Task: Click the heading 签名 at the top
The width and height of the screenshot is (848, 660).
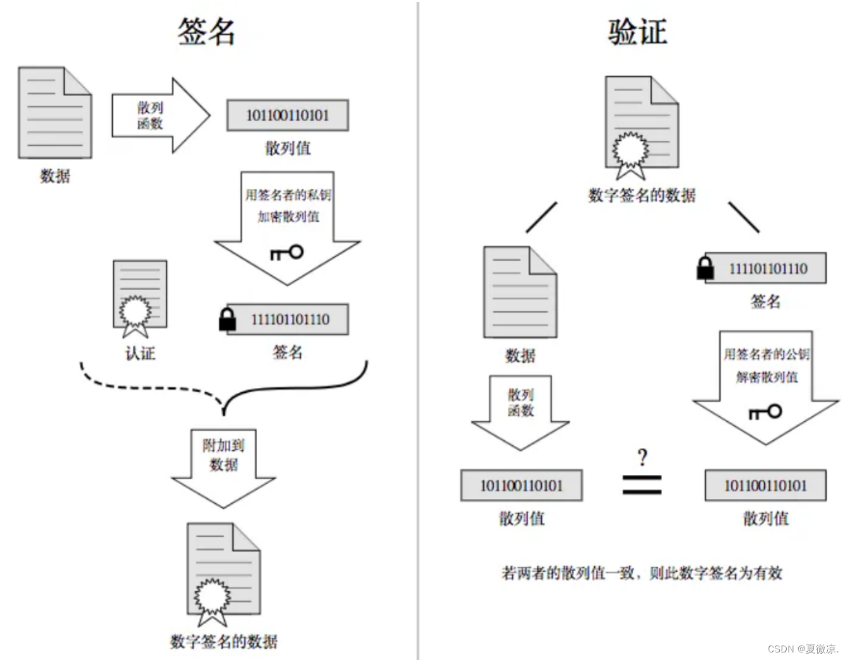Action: [206, 32]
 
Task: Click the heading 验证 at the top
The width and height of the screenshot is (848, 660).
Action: [637, 32]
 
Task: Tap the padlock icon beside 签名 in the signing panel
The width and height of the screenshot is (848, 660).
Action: [227, 319]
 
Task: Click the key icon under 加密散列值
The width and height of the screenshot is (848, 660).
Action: [287, 253]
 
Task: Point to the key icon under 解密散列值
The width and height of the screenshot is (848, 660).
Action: [765, 412]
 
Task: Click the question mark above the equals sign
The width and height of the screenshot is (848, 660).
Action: [642, 457]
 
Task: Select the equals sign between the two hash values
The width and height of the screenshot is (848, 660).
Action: [642, 484]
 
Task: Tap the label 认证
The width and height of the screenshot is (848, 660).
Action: [139, 353]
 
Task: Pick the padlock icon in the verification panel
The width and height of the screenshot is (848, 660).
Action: [705, 268]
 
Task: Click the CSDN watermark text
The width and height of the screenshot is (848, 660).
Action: [803, 649]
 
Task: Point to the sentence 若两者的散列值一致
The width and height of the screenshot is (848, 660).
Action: [641, 573]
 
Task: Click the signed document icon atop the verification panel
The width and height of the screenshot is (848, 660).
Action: [641, 126]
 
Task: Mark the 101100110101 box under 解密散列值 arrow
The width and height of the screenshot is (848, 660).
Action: [765, 485]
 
